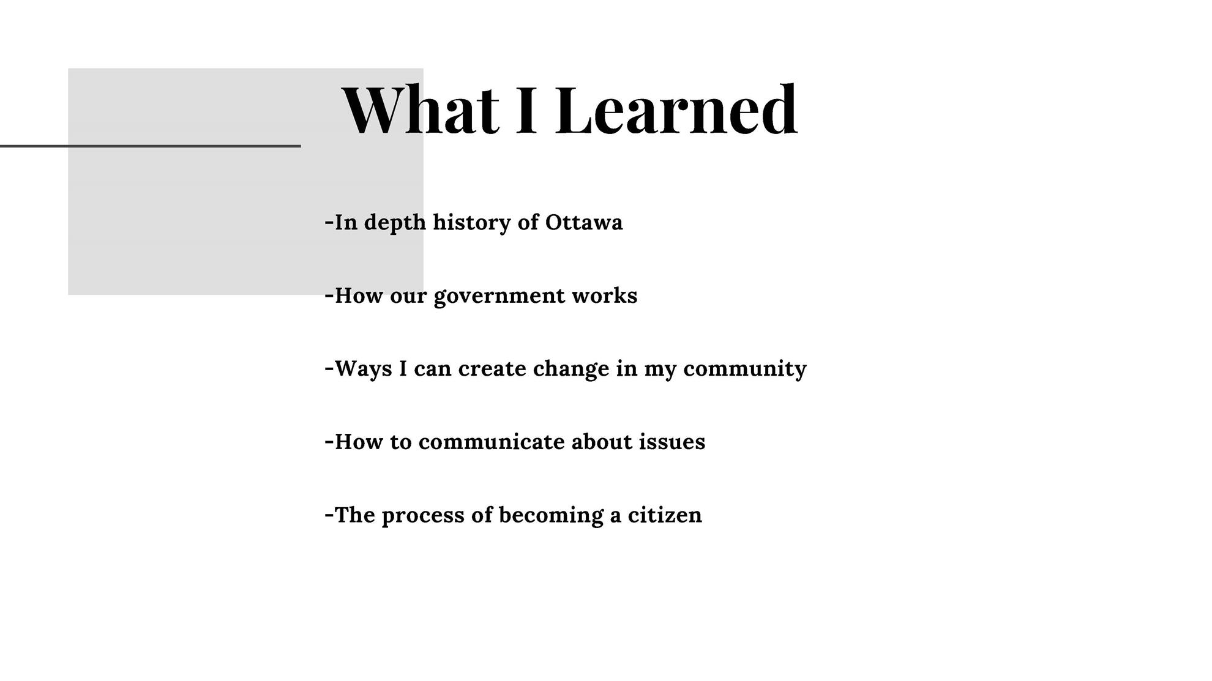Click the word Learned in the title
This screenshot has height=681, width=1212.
pos(676,110)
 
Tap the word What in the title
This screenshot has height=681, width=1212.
pos(420,110)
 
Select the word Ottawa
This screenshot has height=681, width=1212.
pos(584,222)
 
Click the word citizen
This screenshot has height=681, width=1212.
pos(665,515)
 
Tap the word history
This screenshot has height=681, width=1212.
pos(472,223)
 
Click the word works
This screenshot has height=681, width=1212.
pos(605,296)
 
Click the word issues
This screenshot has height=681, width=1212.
pos(672,442)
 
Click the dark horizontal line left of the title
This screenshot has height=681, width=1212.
pos(151,146)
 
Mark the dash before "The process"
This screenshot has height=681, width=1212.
pos(329,515)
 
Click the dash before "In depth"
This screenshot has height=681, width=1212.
pos(329,222)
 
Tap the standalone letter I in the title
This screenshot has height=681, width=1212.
pos(526,110)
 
